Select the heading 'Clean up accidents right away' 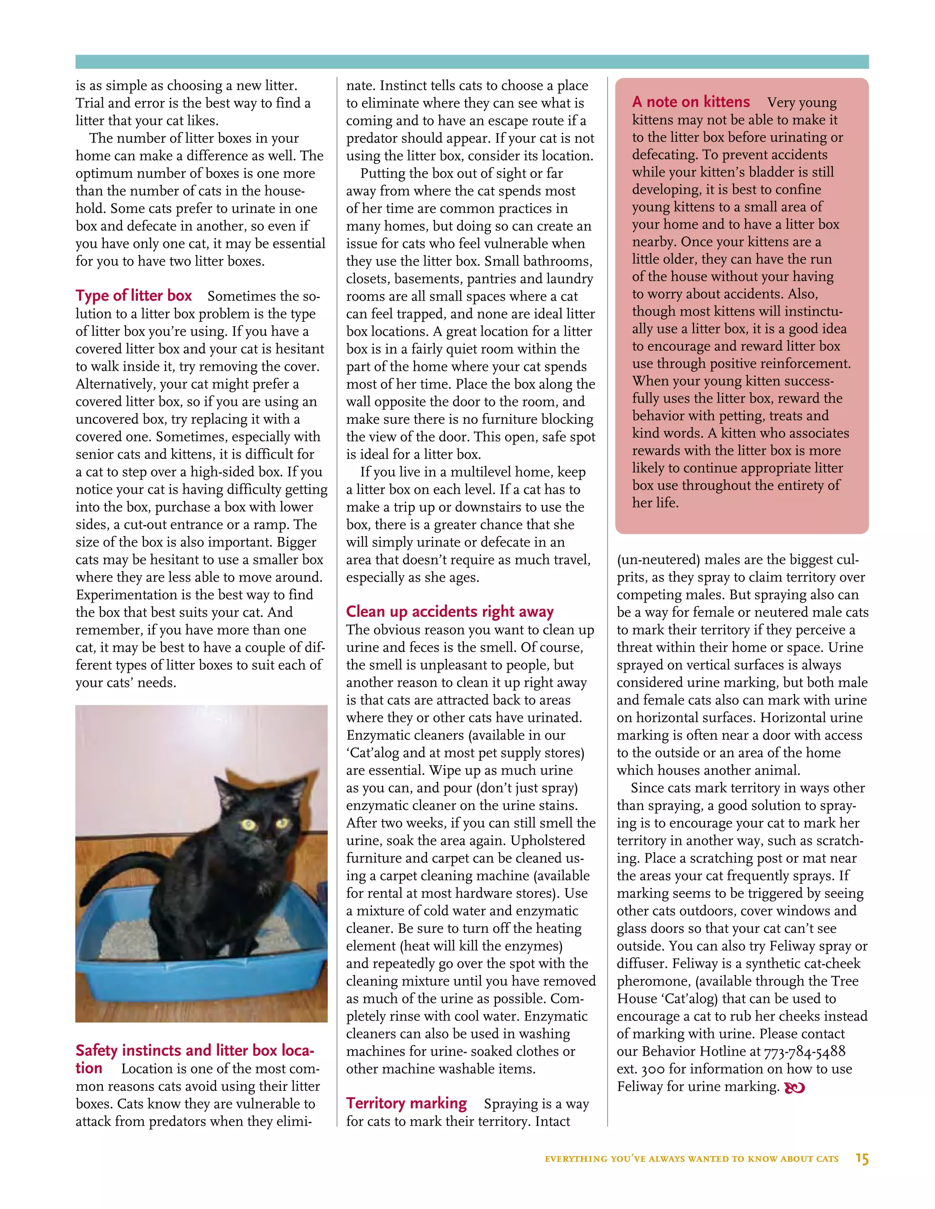[x=449, y=611]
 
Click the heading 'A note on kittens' [x=691, y=102]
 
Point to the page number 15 [x=862, y=1159]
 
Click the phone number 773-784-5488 [x=804, y=1051]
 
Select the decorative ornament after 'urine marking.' [x=794, y=1087]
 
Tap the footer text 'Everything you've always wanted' [x=691, y=1159]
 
